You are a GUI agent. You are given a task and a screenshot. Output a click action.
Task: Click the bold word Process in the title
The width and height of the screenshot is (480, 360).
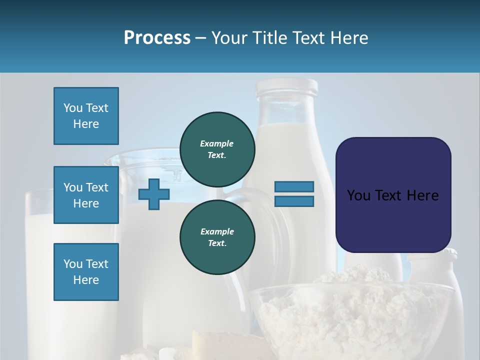(157, 38)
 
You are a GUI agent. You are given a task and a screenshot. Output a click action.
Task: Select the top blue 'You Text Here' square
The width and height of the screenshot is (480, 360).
(86, 116)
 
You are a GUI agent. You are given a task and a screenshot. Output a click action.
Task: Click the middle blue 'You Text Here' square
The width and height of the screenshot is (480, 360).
(86, 195)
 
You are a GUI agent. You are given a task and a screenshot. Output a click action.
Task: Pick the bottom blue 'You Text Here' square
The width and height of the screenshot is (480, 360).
(86, 272)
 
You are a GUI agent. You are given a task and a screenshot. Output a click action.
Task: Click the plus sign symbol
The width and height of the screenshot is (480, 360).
(153, 194)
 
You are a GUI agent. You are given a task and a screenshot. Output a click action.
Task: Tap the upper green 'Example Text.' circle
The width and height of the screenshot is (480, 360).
(217, 149)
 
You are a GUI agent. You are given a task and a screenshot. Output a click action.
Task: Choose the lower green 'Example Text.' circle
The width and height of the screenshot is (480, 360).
(217, 237)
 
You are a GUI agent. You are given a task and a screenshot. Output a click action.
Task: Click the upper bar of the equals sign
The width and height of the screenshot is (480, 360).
(294, 187)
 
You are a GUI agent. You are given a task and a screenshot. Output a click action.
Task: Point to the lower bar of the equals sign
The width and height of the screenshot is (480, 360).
(294, 201)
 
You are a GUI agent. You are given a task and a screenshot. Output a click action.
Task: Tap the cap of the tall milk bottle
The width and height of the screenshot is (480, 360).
(286, 87)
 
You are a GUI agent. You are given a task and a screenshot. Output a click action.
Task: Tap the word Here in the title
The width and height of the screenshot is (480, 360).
(350, 38)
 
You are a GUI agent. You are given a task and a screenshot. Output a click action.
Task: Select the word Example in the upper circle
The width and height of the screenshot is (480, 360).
(217, 143)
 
